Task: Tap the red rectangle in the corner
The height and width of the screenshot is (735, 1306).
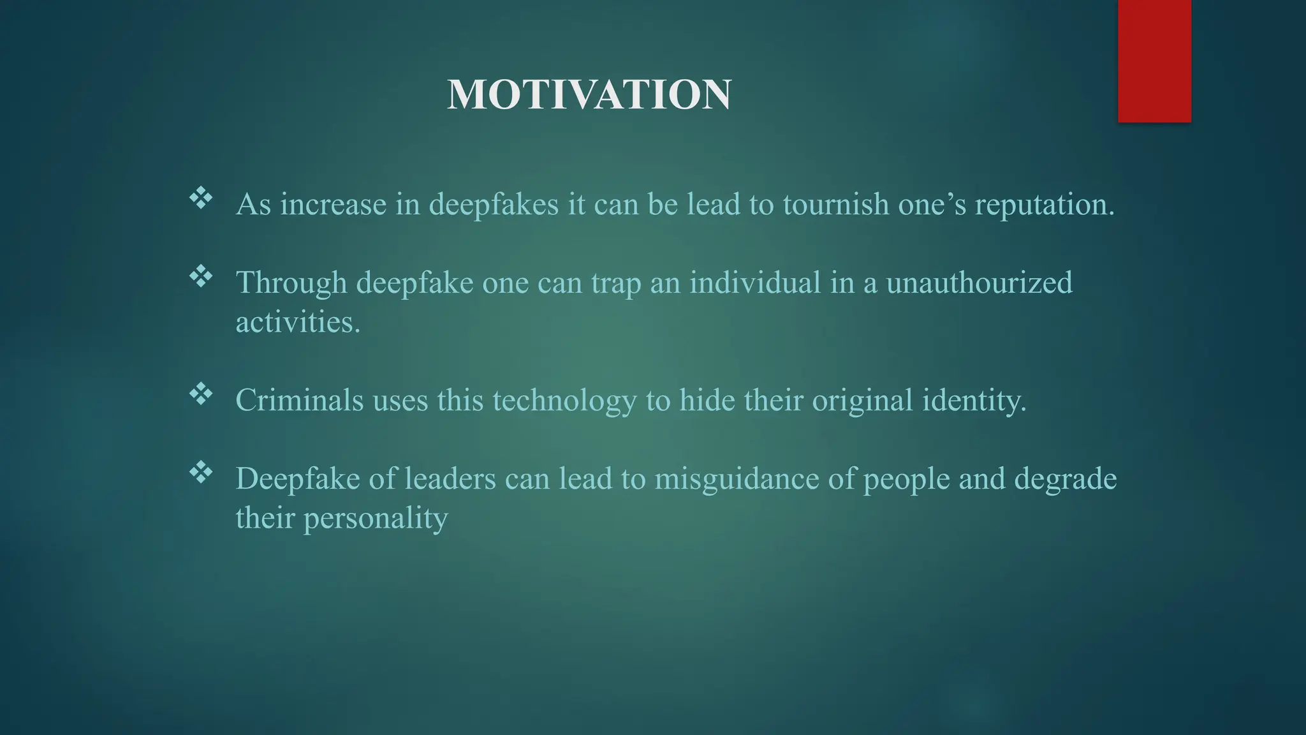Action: [1154, 61]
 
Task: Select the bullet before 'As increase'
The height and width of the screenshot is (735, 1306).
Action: [201, 198]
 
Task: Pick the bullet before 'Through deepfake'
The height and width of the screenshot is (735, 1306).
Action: [201, 276]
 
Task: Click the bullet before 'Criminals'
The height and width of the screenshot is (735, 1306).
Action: [201, 394]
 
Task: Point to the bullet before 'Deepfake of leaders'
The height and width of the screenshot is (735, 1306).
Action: [201, 473]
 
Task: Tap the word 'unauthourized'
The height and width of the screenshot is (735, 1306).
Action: [979, 283]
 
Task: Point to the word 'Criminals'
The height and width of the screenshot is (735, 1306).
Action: [299, 400]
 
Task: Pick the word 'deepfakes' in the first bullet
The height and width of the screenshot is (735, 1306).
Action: [494, 205]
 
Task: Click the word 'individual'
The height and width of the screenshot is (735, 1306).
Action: [755, 283]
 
